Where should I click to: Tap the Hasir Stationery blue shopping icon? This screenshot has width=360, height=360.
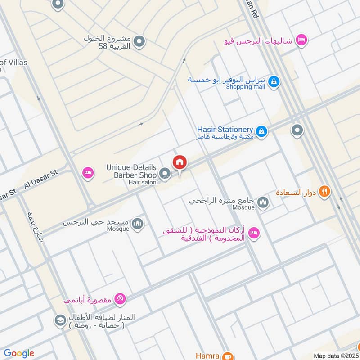(262, 132)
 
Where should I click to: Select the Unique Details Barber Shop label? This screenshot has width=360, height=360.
(131, 171)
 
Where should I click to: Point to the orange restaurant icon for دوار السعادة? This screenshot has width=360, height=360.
(324, 192)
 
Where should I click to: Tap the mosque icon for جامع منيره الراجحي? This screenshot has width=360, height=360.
(263, 203)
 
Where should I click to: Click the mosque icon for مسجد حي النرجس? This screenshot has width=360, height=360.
(138, 224)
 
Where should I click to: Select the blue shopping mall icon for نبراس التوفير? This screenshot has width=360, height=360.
(273, 82)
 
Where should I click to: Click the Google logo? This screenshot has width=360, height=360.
(19, 353)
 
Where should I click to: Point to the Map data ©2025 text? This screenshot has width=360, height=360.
(335, 355)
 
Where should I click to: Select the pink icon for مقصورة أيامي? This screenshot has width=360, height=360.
(120, 298)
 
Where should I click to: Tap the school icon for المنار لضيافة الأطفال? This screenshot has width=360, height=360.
(59, 321)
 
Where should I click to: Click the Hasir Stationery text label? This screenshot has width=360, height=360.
(225, 129)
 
